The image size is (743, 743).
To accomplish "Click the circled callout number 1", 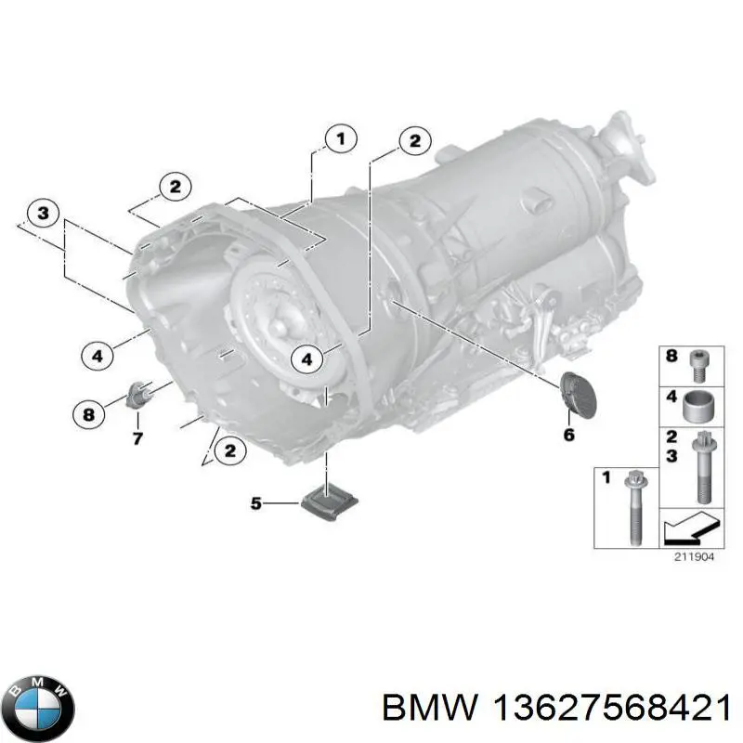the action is click(341, 139).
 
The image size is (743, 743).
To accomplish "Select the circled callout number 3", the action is click(43, 214).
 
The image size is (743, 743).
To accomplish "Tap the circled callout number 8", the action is click(88, 415).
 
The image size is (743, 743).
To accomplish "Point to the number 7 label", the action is click(137, 438).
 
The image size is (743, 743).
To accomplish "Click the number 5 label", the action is click(256, 502).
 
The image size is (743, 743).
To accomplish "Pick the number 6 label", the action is click(569, 435).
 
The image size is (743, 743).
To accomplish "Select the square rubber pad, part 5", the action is click(330, 501).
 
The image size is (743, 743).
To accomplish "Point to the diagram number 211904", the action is click(694, 557).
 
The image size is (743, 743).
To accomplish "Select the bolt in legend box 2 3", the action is click(702, 468).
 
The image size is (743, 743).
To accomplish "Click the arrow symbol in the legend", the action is click(691, 527).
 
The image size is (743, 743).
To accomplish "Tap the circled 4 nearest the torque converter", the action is click(306, 359).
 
